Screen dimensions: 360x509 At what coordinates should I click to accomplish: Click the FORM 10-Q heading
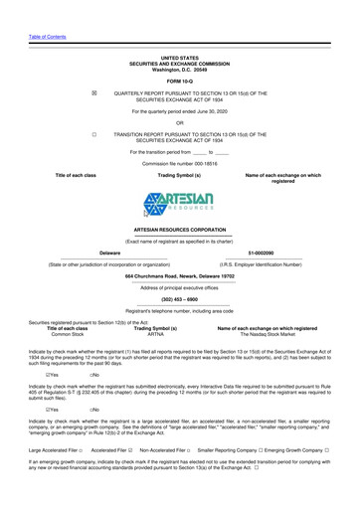[179, 81]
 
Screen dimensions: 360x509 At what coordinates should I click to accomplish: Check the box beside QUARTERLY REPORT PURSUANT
[93, 91]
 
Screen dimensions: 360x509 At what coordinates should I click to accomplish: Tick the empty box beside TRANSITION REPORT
[93, 131]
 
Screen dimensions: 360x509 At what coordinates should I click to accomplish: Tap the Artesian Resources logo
[179, 199]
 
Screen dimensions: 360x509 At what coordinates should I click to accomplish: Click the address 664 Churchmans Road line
[179, 275]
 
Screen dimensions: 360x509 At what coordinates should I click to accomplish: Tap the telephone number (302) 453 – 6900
[179, 297]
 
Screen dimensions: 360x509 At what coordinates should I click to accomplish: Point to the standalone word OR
[179, 121]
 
